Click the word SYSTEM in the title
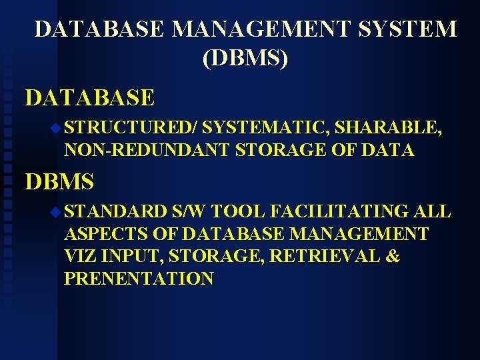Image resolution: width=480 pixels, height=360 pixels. [x=413, y=29]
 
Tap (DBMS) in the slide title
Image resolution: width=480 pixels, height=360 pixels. [x=245, y=59]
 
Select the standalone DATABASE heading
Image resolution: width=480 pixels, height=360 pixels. [x=90, y=98]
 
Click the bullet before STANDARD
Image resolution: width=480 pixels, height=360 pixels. [x=55, y=212]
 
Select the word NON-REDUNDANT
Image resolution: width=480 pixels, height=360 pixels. [x=147, y=151]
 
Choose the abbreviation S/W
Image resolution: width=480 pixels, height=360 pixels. [x=191, y=211]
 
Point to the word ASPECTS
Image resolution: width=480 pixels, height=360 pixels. [x=106, y=234]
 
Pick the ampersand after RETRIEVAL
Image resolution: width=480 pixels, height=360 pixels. [x=391, y=256]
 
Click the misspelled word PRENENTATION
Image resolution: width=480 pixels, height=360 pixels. [x=139, y=279]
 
